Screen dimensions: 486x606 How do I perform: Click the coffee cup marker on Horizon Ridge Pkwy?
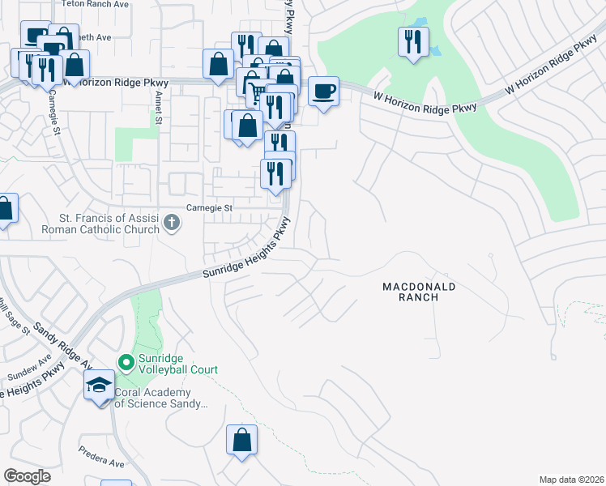324,91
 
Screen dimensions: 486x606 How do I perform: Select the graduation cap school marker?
99,385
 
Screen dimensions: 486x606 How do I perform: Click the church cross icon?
171,221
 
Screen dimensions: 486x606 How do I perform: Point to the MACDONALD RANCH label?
420,292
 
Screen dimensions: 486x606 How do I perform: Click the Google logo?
28,476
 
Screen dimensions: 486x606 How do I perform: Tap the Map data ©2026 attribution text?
571,480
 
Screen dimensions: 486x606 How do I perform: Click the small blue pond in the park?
436,50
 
